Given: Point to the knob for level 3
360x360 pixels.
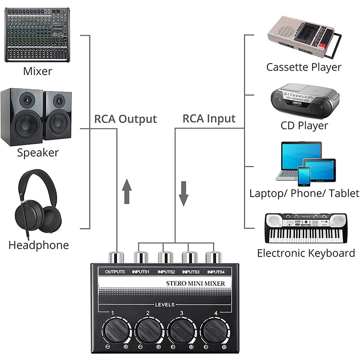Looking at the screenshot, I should click(181, 332).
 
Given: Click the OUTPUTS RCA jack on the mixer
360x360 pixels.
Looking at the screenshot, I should click(117, 258).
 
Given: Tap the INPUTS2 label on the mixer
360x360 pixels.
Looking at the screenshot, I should click(166, 271).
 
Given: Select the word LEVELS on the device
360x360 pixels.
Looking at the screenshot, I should click(164, 305).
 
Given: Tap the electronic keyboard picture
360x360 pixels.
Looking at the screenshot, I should click(306, 228).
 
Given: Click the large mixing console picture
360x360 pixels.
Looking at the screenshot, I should click(37, 35).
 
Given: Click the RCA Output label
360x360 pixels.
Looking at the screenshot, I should click(125, 119).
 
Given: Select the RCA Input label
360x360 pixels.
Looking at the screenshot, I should click(209, 119).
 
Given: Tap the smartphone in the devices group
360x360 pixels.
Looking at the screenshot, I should click(304, 176).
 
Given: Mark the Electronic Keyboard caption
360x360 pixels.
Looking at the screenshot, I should click(306, 253).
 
